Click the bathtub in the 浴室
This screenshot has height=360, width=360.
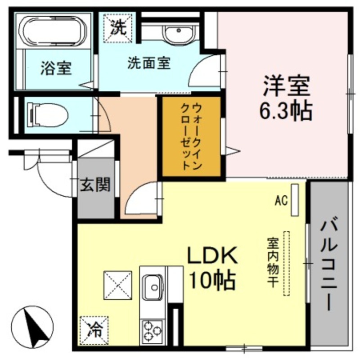click(54, 31)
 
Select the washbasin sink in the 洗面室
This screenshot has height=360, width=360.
click(179, 32)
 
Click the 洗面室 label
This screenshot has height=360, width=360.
click(149, 63)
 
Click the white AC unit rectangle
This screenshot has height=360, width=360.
click(295, 200)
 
